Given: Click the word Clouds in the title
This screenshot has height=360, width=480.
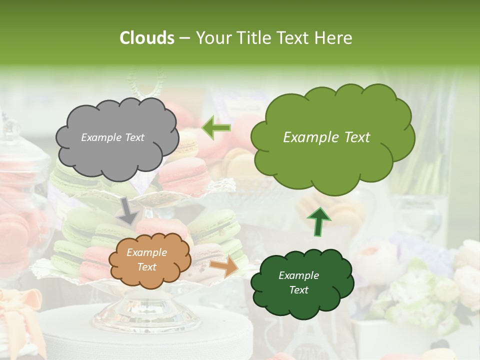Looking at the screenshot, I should point(147,38).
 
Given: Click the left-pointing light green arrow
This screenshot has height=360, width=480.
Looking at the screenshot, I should point(216,128).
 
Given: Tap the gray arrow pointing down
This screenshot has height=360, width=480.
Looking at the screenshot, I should point(128,210).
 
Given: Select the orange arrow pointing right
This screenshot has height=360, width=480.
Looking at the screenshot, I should point(224,267).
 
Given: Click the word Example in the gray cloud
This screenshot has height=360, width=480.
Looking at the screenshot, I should point(100,137).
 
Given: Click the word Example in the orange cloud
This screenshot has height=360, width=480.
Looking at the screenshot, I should point(146,253).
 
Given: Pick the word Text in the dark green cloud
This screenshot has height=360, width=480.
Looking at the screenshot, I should point(298,290).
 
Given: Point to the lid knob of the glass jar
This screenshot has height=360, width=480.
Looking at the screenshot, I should point(9,127).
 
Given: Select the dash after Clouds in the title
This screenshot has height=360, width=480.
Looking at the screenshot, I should point(184,38).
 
